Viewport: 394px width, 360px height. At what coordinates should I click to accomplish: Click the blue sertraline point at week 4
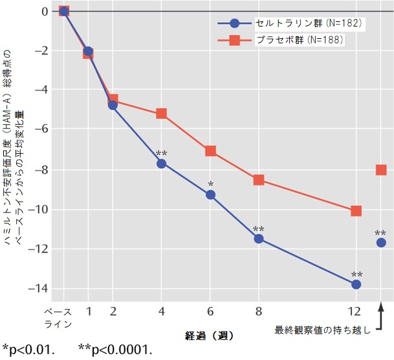tap(161, 164)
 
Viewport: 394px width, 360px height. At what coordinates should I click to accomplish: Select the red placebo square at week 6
tap(210, 151)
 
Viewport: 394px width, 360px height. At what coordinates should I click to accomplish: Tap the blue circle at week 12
tap(356, 284)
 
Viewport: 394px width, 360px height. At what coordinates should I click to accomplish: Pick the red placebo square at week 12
tap(356, 211)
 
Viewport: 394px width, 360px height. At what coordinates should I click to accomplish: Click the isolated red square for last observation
tap(381, 170)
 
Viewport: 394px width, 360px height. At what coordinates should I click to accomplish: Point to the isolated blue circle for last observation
tap(381, 242)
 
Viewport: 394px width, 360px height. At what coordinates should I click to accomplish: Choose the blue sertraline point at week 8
tap(259, 238)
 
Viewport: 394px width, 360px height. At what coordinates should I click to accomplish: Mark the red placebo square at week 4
tap(161, 113)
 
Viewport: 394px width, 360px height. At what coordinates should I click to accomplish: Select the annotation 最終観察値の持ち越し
tap(323, 330)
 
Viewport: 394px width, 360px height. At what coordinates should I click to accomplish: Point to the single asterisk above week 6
tap(210, 184)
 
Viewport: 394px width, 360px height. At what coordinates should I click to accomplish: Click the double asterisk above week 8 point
tap(259, 229)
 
